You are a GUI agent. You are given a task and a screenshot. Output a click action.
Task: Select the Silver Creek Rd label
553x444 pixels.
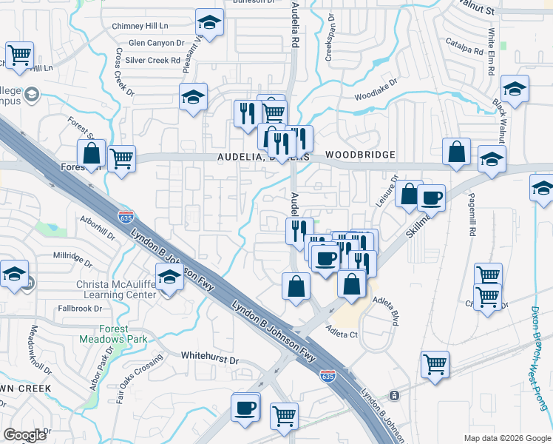pos(154,60)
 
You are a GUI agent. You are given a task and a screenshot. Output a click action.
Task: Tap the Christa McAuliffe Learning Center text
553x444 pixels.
pos(114,289)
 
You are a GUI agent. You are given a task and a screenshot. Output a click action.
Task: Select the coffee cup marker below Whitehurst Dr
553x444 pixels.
pos(245,407)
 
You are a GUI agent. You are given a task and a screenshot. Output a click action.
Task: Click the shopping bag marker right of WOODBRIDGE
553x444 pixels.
pos(457,152)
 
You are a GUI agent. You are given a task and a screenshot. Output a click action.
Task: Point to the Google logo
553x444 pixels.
pos(25,435)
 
